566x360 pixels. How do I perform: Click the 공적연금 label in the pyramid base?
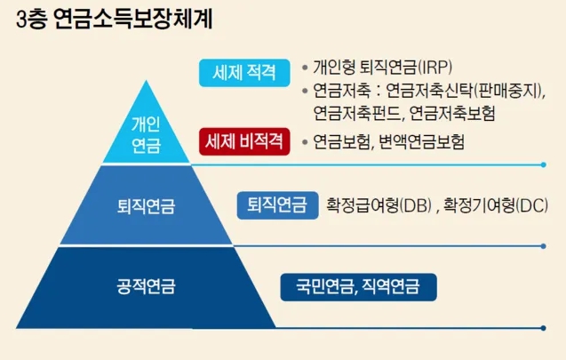pyautogui.click(x=145, y=286)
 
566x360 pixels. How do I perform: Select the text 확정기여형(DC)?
pyautogui.click(x=497, y=206)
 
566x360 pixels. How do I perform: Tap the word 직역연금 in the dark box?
pyautogui.click(x=392, y=286)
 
